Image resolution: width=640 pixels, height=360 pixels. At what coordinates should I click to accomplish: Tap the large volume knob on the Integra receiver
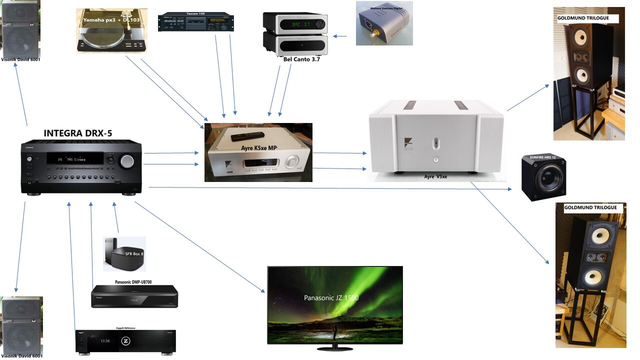(126, 160)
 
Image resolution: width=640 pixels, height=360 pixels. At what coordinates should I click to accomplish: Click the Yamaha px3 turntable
(111, 31)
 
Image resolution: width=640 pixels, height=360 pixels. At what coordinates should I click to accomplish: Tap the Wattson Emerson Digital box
(384, 23)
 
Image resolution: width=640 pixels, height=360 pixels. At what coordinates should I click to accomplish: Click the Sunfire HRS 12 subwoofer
(543, 177)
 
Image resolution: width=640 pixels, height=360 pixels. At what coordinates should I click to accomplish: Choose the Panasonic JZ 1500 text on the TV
(331, 298)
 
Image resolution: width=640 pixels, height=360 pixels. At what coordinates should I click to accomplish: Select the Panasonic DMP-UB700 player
(134, 296)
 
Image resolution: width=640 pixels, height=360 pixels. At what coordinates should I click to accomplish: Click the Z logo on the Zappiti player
(125, 341)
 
